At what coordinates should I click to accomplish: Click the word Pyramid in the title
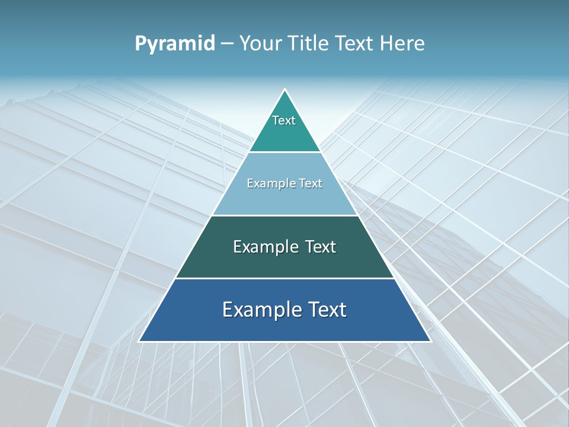pos(174,43)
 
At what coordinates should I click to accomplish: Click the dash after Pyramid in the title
pos(227,43)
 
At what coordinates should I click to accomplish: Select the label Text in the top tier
pos(284,120)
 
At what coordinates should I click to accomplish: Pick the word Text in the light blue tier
pos(311,183)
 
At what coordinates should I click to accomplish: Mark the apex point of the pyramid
pos(284,90)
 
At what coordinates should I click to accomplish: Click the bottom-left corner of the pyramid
pos(139,341)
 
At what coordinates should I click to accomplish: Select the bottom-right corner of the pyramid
pos(430,341)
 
